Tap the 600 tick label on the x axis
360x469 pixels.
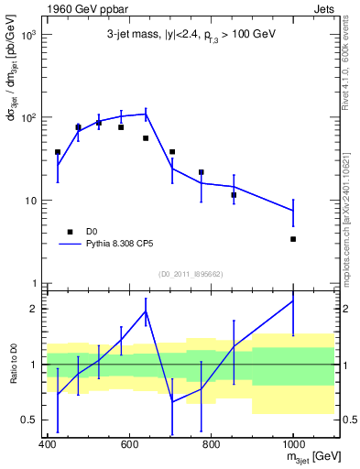pyautogui.click(x=129, y=445)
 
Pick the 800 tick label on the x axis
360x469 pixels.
pyautogui.click(x=211, y=445)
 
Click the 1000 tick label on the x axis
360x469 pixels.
pyautogui.click(x=292, y=445)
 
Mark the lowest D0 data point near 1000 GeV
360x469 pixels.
pyautogui.click(x=293, y=239)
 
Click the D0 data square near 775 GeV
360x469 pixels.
pyautogui.click(x=202, y=172)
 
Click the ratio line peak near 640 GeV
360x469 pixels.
pyautogui.click(x=146, y=311)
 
